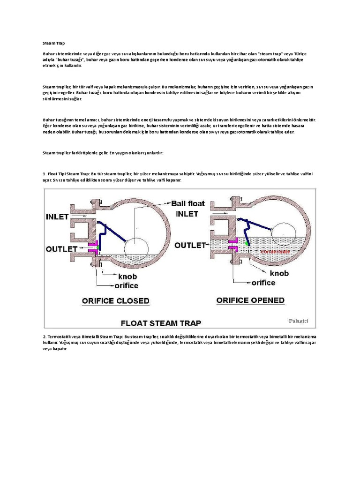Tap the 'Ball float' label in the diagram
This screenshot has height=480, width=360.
[x=187, y=203]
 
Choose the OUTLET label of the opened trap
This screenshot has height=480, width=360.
[x=190, y=245]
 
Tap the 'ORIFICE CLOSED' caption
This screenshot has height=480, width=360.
[x=115, y=300]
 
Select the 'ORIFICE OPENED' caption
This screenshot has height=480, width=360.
[x=250, y=300]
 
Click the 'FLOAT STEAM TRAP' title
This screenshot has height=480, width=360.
[x=161, y=322]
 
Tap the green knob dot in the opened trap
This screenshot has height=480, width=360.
[x=246, y=243]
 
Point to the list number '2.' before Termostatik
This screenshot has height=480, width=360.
[x=45, y=337]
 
